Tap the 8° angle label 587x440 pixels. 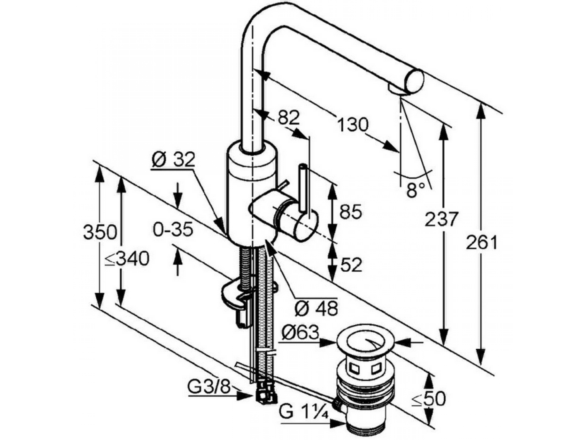pyautogui.click(x=416, y=190)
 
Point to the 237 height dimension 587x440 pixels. pyautogui.click(x=441, y=219)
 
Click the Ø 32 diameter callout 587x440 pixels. pyautogui.click(x=173, y=160)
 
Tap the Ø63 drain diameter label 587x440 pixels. pyautogui.click(x=300, y=333)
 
